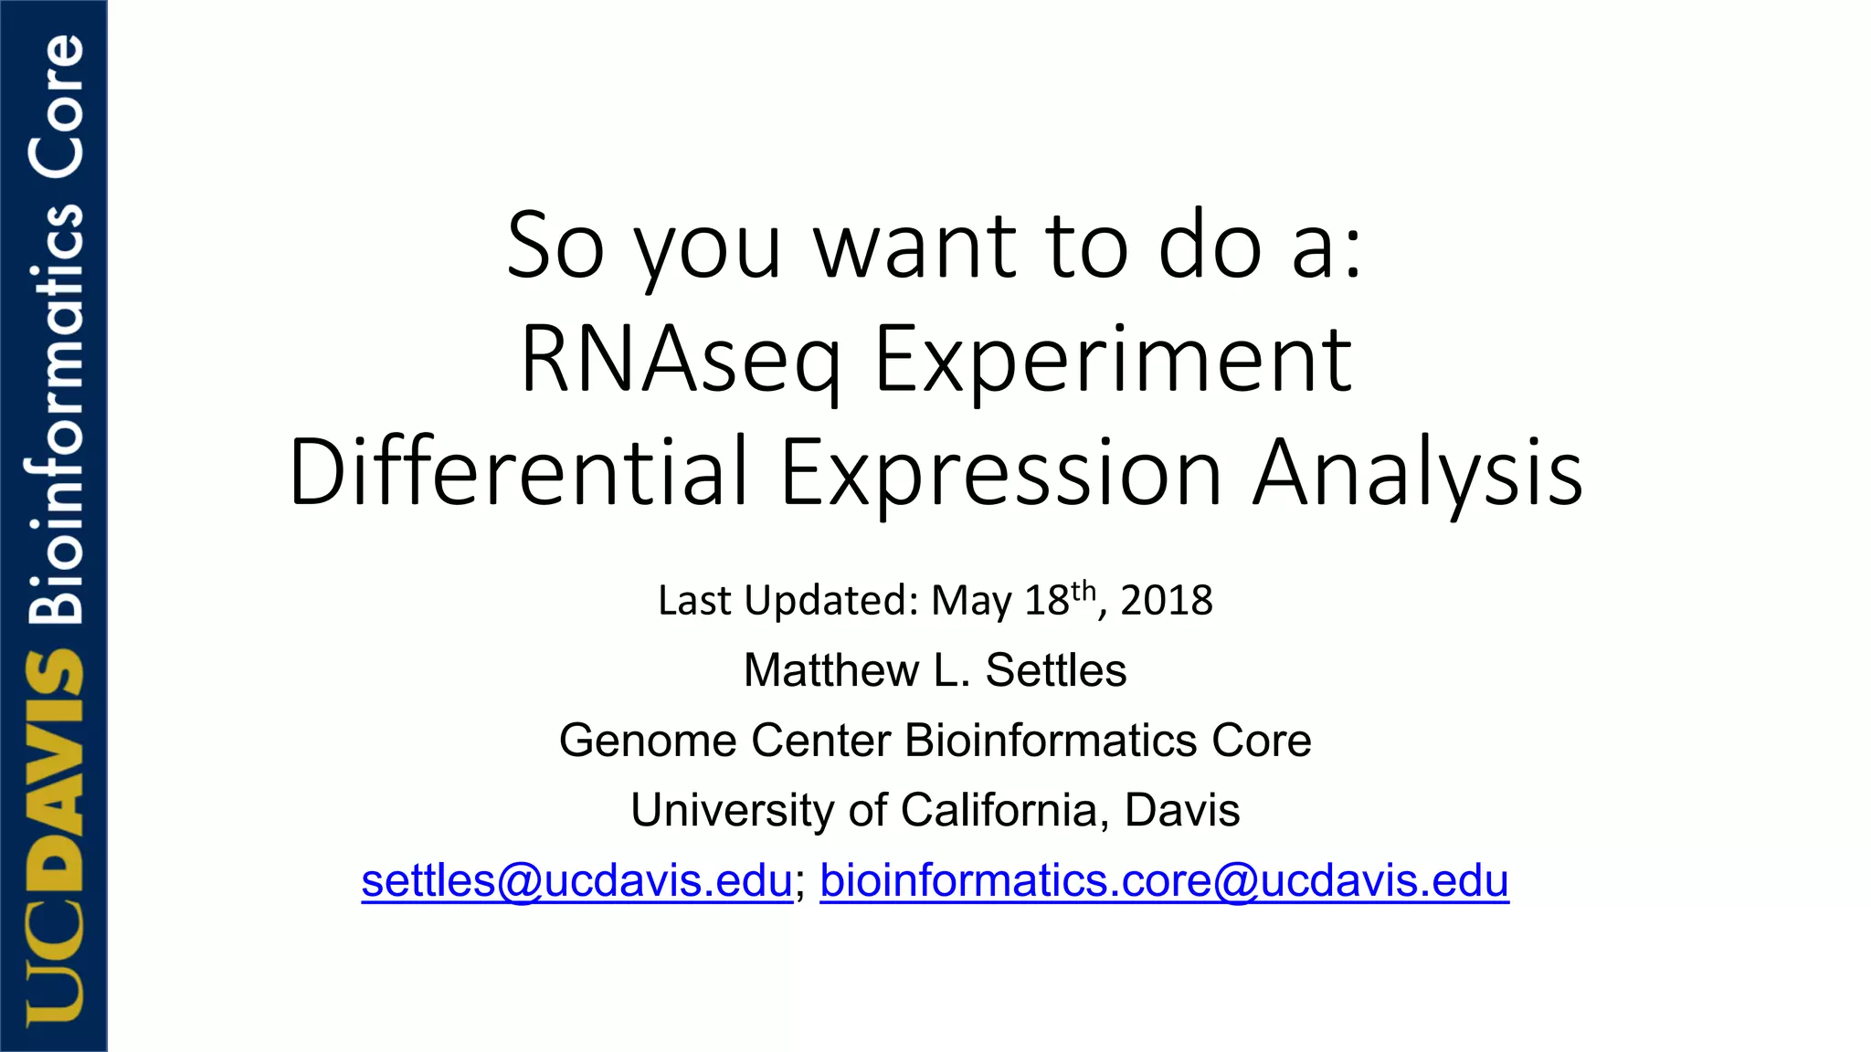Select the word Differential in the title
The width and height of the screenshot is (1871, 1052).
point(519,472)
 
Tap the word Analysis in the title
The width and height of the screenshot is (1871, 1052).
point(1417,472)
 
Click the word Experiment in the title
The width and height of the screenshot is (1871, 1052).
point(1112,361)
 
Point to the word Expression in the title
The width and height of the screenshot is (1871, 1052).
point(1000,472)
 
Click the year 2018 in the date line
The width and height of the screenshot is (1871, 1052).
point(1166,601)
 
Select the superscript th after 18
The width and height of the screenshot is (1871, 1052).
point(1083,590)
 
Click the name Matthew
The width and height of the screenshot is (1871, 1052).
point(830,670)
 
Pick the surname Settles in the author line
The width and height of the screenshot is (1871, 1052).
point(1056,670)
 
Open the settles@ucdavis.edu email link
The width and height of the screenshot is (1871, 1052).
point(576,880)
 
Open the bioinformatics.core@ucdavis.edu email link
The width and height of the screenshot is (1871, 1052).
point(1164,880)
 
